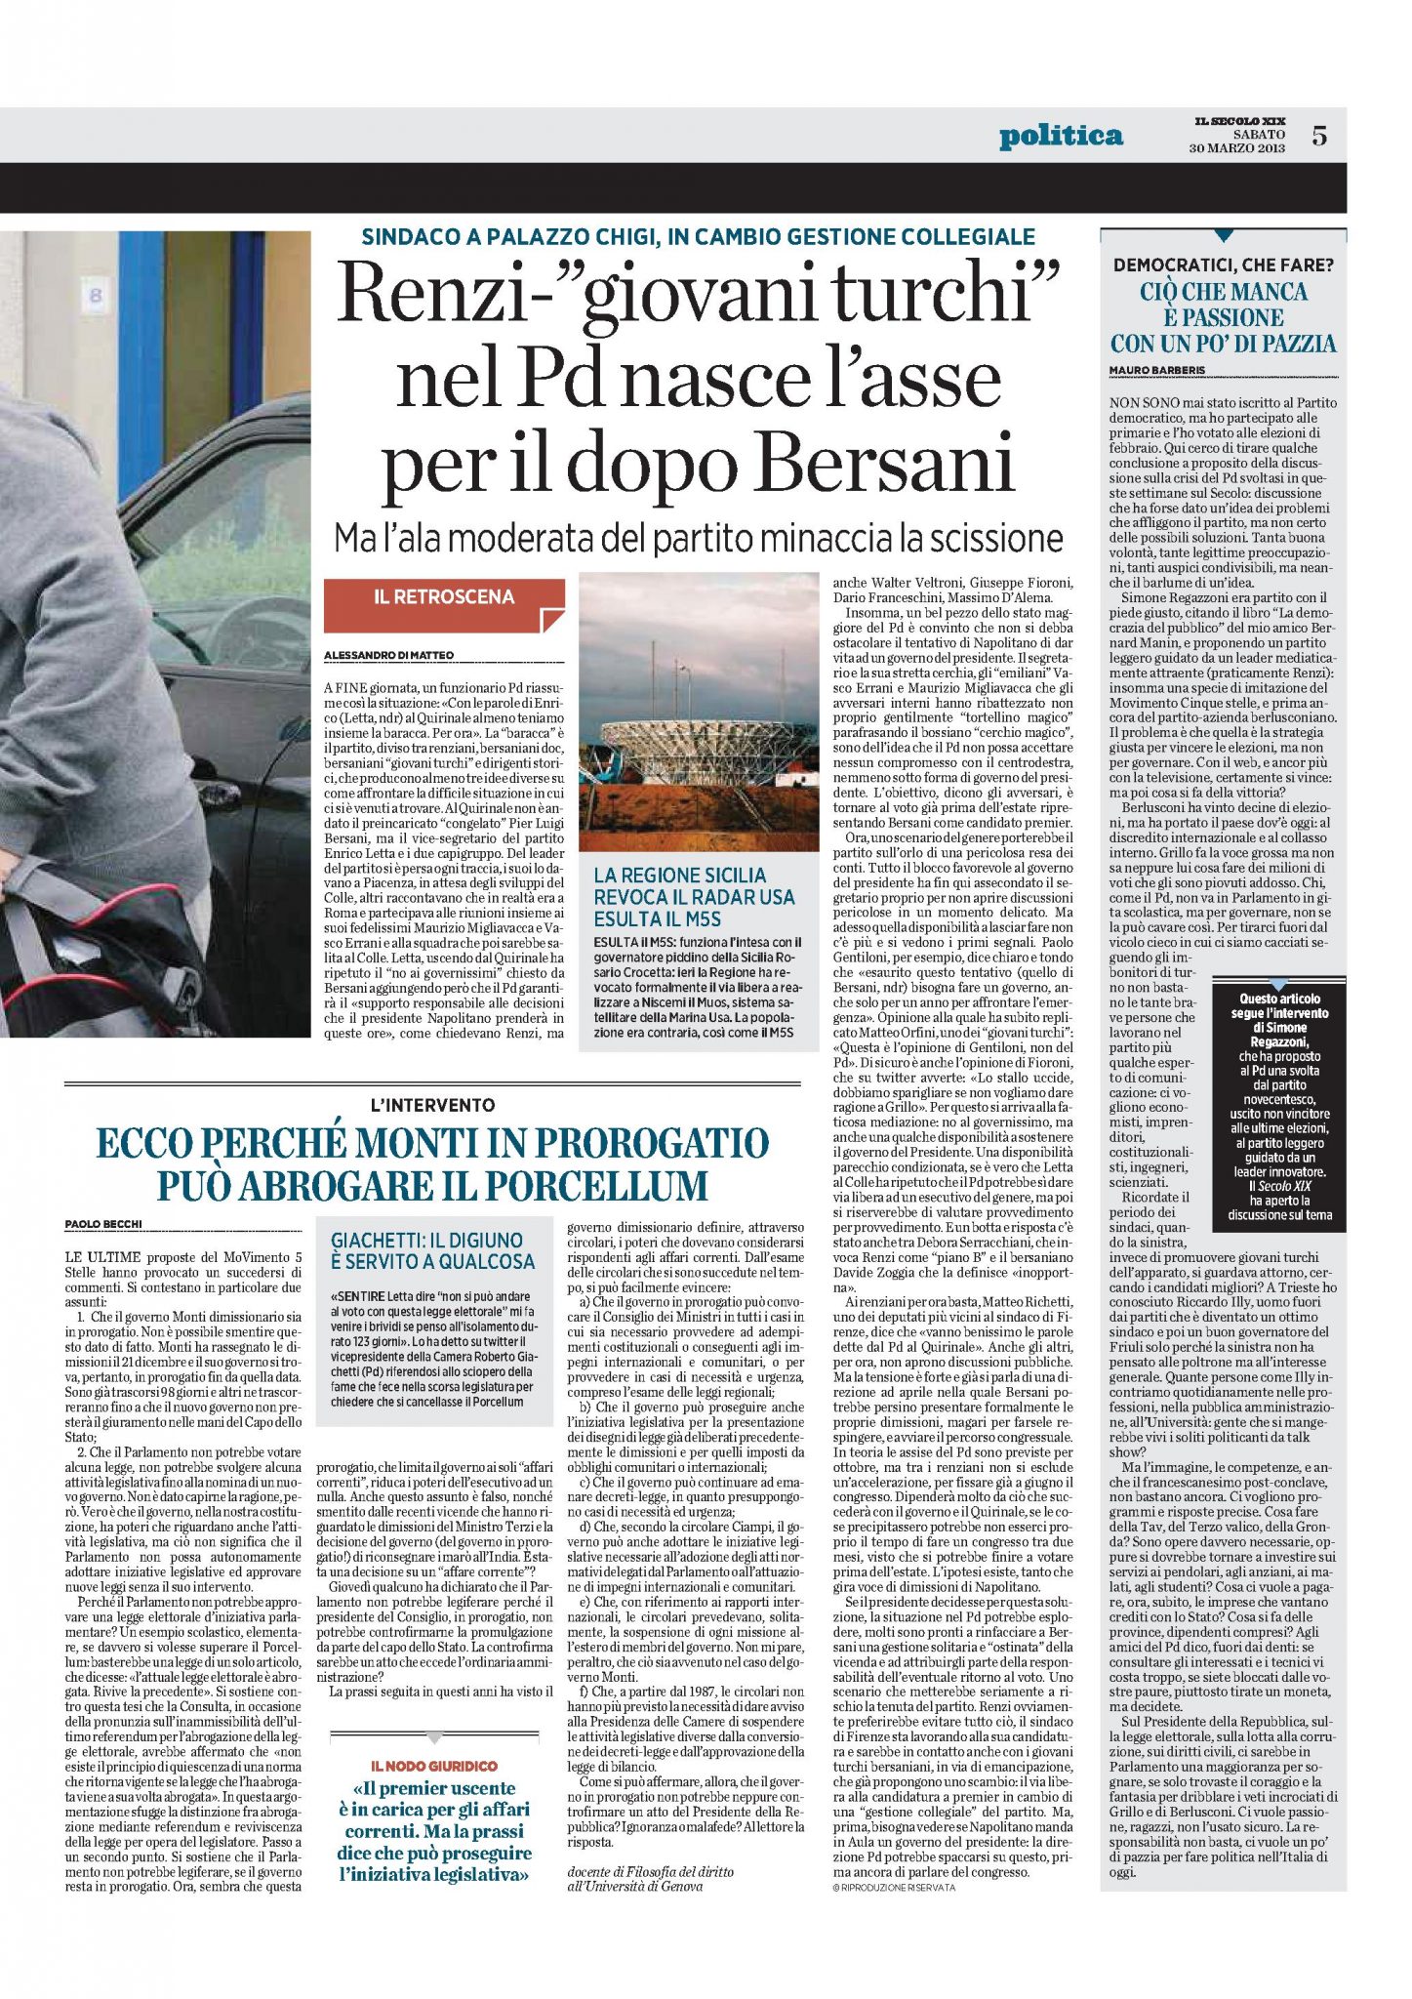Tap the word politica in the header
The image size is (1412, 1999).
pos(1061,136)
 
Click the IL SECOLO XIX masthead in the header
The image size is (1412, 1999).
pos(1240,120)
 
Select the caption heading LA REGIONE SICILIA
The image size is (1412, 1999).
pos(680,876)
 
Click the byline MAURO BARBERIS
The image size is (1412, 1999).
pos(1157,370)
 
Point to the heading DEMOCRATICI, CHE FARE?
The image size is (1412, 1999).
pos(1224,265)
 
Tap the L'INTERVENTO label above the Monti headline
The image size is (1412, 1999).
pos(432,1105)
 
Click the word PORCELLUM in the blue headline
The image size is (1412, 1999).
pos(596,1186)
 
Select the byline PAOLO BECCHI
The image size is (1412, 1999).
pos(102,1223)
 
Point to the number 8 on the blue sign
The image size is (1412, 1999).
pos(96,294)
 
